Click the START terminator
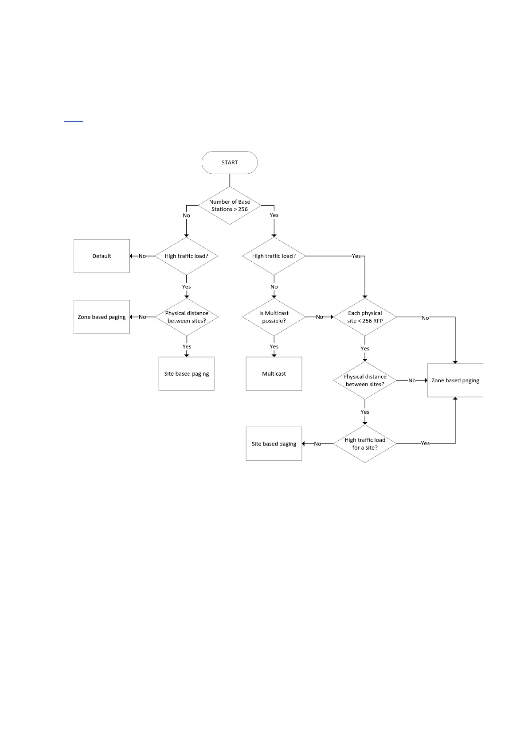[229, 163]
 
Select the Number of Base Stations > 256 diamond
[229, 206]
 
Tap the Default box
[102, 256]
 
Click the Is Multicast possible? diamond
[274, 317]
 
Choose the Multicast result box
[274, 373]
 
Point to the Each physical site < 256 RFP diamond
[364, 317]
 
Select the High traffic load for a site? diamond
[364, 443]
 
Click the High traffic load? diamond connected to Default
[186, 256]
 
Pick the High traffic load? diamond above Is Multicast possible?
[274, 256]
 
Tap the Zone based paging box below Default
[102, 317]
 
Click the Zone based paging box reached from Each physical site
[455, 381]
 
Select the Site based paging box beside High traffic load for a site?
[274, 443]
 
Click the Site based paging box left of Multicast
[186, 373]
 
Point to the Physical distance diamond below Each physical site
[364, 381]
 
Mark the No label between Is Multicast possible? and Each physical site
[319, 317]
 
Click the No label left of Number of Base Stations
[186, 216]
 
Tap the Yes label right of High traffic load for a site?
[425, 443]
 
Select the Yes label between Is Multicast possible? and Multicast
[274, 347]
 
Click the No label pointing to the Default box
[142, 256]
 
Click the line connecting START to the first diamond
[230, 180]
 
